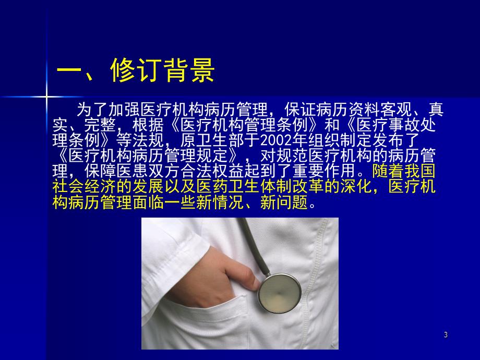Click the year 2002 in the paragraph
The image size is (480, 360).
(x=274, y=141)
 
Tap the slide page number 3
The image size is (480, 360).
(x=446, y=335)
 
